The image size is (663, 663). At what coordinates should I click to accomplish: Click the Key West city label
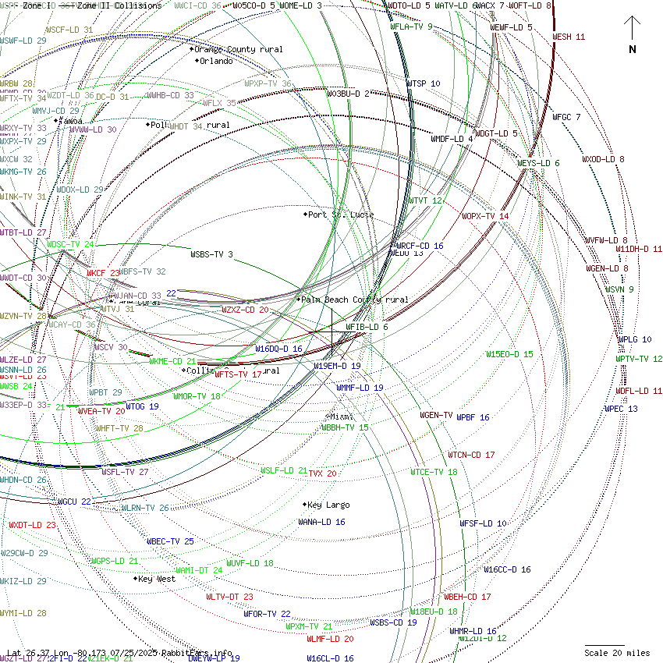point(157,579)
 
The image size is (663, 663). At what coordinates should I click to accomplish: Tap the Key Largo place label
point(328,505)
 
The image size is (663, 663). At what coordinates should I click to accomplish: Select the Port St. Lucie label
point(341,214)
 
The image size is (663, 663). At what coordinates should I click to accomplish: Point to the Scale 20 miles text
point(618,652)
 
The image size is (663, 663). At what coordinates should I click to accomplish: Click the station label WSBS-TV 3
point(211,253)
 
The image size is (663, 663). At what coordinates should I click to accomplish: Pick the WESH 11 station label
point(569,37)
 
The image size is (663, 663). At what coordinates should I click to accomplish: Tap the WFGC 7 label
point(567,117)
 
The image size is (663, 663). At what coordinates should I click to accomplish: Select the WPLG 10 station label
point(635,339)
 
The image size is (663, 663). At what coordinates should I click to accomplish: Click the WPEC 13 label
point(621,409)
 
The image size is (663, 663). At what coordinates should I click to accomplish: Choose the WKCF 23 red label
point(103,273)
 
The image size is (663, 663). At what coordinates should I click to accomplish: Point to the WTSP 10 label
point(424,83)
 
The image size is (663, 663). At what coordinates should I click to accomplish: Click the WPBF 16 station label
point(473,417)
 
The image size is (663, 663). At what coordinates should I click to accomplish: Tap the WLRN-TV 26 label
point(144,508)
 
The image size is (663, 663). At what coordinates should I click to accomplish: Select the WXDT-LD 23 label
point(32,525)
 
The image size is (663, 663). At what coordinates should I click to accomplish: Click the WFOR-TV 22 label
point(267,614)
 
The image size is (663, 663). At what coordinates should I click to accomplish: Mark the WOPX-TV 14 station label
point(485,216)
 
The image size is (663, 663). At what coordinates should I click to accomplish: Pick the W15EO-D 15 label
point(509,354)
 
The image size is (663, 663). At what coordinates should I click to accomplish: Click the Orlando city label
point(216,61)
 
